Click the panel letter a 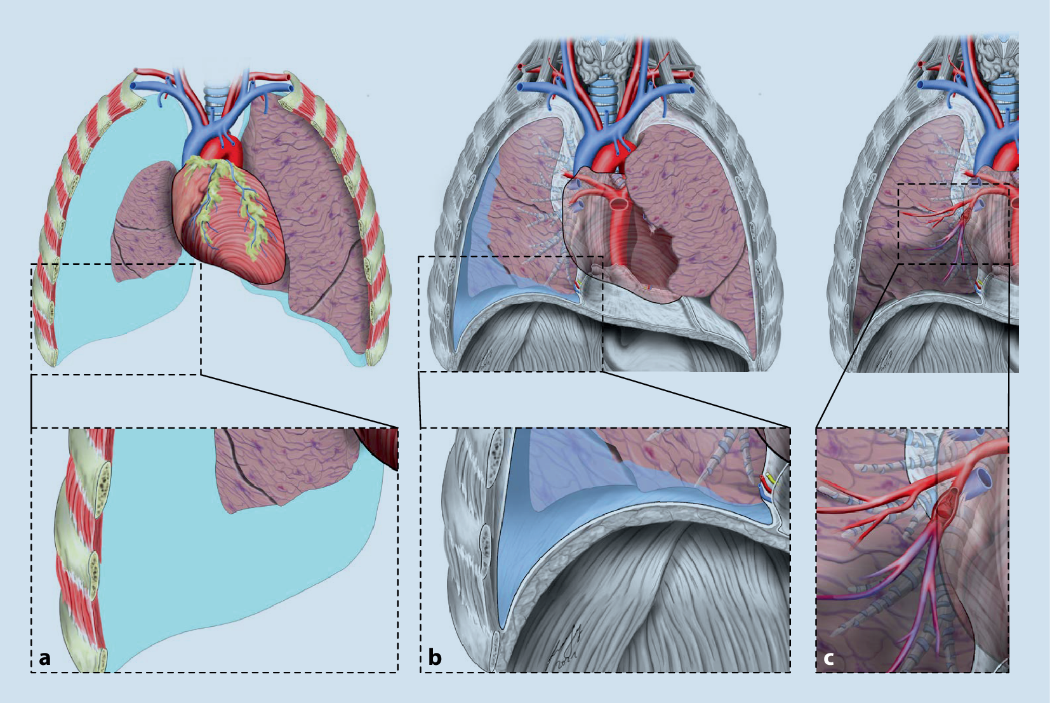point(44,658)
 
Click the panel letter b point(435,657)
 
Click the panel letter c point(828,658)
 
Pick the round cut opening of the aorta point(617,204)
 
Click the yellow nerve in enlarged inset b point(770,477)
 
